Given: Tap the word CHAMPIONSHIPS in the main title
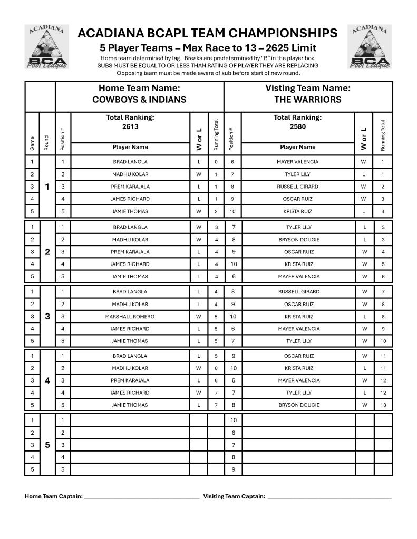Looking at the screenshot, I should pos(280,34).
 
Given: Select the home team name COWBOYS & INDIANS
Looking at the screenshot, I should pos(139,100).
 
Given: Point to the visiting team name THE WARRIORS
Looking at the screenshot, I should pos(308,100).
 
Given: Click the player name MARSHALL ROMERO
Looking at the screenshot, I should pos(130,317).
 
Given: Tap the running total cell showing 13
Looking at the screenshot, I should pos(383,405).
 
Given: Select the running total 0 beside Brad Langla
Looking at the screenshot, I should pos(216,162).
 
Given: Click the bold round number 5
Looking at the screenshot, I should pos(47,445).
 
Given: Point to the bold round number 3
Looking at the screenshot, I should pos(47,317).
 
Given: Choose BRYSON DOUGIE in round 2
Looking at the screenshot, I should pos(298,240).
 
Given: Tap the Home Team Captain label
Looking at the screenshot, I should pos(54,496).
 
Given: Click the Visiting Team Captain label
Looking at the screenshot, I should pos(234,496).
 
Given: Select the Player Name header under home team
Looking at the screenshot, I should pos(130,147).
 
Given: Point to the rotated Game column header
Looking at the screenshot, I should pos(32,142).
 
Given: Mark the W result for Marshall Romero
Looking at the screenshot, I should pos(199,317).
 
